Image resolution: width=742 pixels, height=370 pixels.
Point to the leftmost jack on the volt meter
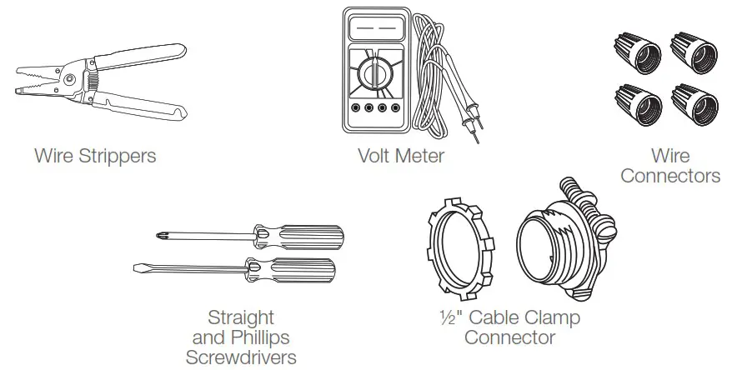pos(356,108)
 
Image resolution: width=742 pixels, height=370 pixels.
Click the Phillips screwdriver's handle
pos(308,237)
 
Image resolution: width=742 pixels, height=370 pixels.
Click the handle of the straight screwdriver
pos(300,270)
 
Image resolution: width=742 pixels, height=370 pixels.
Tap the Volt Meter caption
pos(400,156)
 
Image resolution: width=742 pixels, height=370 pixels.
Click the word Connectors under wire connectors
pos(669,176)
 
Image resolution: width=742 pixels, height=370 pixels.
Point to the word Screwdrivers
pos(240,357)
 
